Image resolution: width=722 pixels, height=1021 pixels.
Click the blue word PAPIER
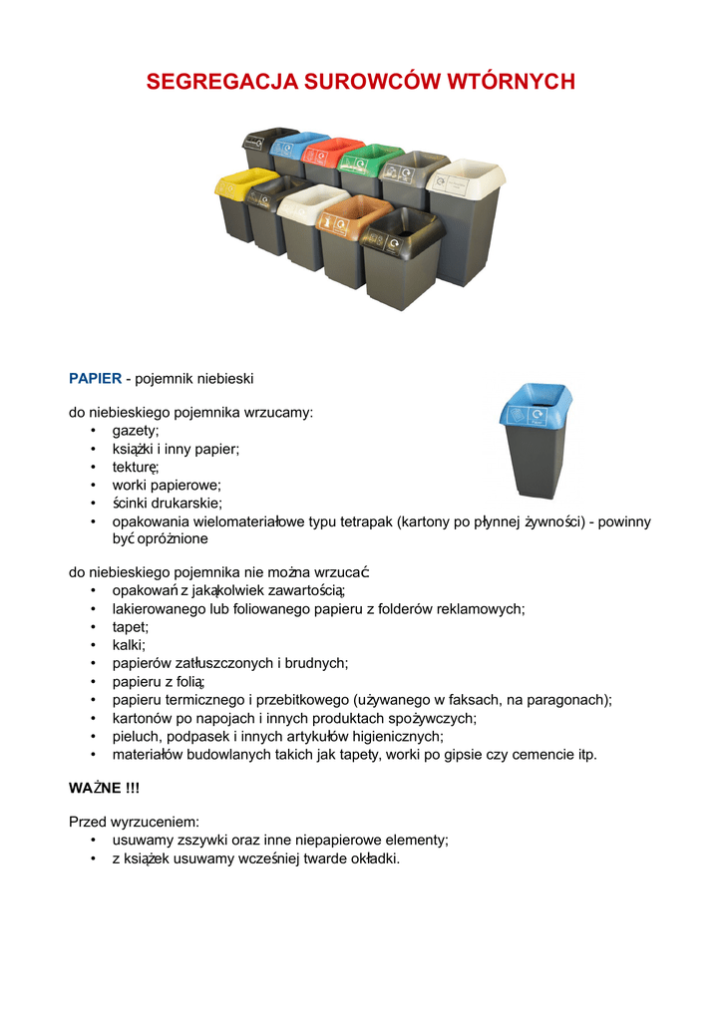click(x=95, y=379)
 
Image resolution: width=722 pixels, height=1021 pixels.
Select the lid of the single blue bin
click(x=536, y=407)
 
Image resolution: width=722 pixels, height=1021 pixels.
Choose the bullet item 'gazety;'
click(x=135, y=430)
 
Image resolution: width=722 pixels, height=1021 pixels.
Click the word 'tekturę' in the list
click(x=136, y=467)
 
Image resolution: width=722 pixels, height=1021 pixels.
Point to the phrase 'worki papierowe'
click(x=166, y=485)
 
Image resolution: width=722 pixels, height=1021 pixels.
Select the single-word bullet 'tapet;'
click(x=130, y=627)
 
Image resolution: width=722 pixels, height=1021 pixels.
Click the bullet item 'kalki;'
click(x=129, y=645)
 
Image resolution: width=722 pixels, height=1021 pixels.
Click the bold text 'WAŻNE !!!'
click(x=104, y=788)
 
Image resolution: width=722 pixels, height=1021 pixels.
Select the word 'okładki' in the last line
click(x=371, y=858)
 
